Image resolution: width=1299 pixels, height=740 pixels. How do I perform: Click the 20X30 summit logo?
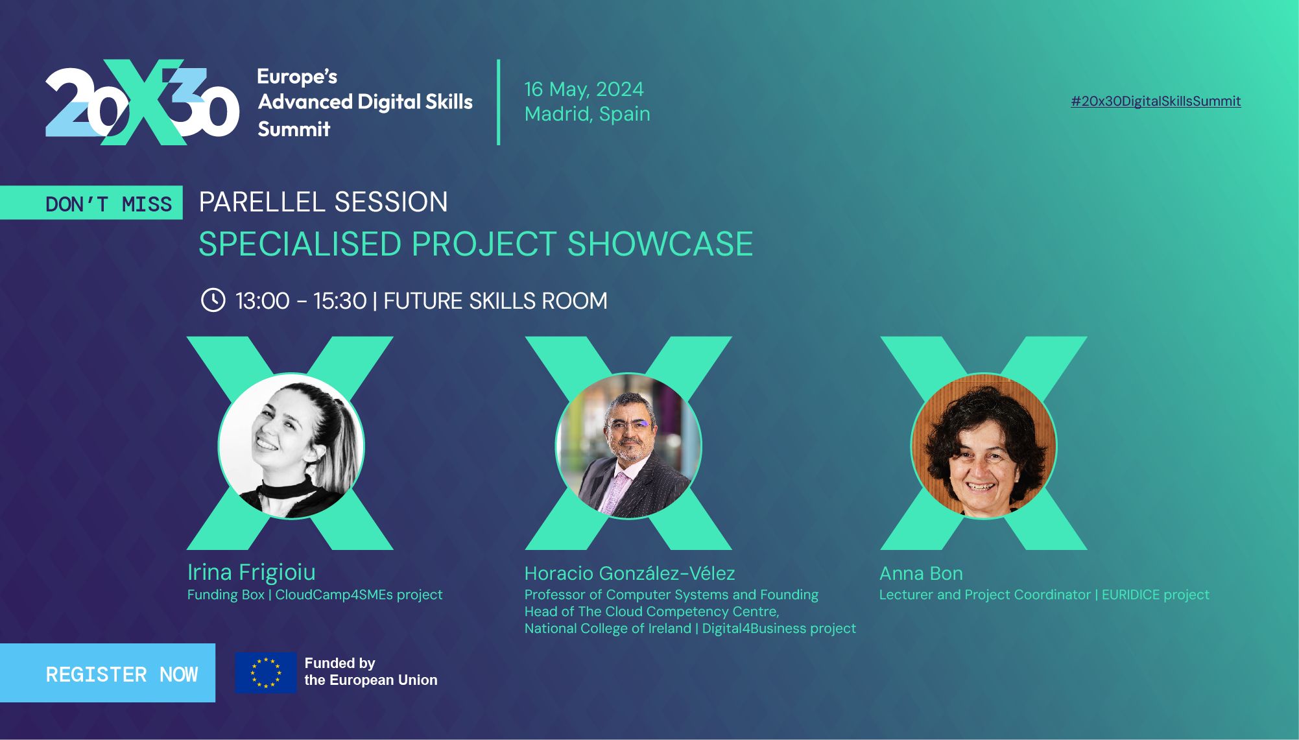click(x=142, y=102)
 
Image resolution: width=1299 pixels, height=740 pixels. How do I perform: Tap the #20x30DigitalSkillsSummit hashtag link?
click(x=1156, y=101)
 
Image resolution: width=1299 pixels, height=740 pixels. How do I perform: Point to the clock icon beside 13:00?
click(x=213, y=300)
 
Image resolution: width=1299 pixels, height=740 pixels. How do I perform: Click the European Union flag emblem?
click(x=265, y=673)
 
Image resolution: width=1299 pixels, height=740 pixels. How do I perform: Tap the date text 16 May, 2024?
click(x=584, y=89)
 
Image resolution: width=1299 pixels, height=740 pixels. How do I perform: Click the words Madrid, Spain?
click(x=587, y=113)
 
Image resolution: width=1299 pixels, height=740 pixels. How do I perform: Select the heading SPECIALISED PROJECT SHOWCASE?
click(x=475, y=245)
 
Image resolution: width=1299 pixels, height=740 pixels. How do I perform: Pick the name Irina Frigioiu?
click(x=252, y=572)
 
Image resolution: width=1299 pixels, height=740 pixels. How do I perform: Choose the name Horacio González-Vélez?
click(x=629, y=573)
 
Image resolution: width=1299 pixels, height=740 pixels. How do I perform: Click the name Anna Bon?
click(x=921, y=573)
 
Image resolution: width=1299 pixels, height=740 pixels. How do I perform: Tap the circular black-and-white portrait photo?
click(x=291, y=446)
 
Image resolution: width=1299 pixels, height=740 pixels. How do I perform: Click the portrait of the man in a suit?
click(x=628, y=446)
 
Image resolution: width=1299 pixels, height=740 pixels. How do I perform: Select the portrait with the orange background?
click(x=983, y=446)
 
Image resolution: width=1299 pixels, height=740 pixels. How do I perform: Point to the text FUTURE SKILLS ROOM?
click(x=495, y=301)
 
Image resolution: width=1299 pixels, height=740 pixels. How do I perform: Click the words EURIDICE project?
click(x=1155, y=595)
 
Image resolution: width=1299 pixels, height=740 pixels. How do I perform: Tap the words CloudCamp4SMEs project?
click(x=359, y=595)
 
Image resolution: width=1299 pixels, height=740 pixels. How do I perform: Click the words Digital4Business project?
click(x=779, y=628)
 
